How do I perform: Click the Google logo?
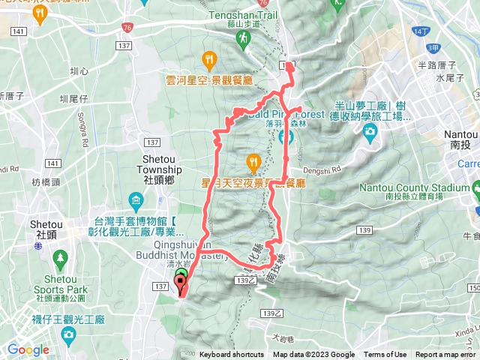point(28,349)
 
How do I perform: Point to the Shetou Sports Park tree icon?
point(60,257)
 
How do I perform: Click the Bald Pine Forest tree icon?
point(286,137)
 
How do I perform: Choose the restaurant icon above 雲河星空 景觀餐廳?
point(209,59)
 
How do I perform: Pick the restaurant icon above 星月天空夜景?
point(253,160)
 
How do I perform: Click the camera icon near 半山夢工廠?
point(369,132)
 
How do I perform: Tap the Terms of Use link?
point(385,355)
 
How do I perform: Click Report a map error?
point(446,355)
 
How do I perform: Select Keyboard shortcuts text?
point(232,355)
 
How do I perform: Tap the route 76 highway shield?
point(127,28)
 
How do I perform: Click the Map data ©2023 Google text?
point(313,355)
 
